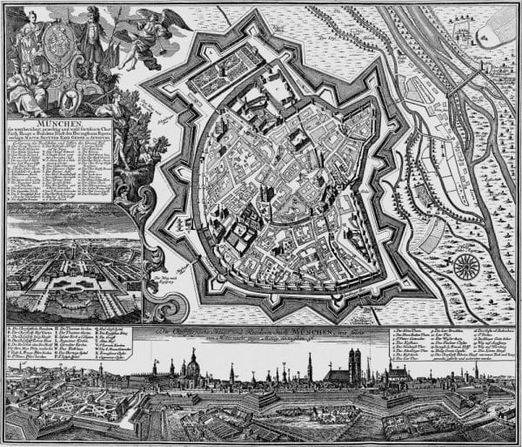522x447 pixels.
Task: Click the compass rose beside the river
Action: pyautogui.click(x=466, y=266)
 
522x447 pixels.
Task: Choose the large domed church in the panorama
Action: pyautogui.click(x=191, y=369)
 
